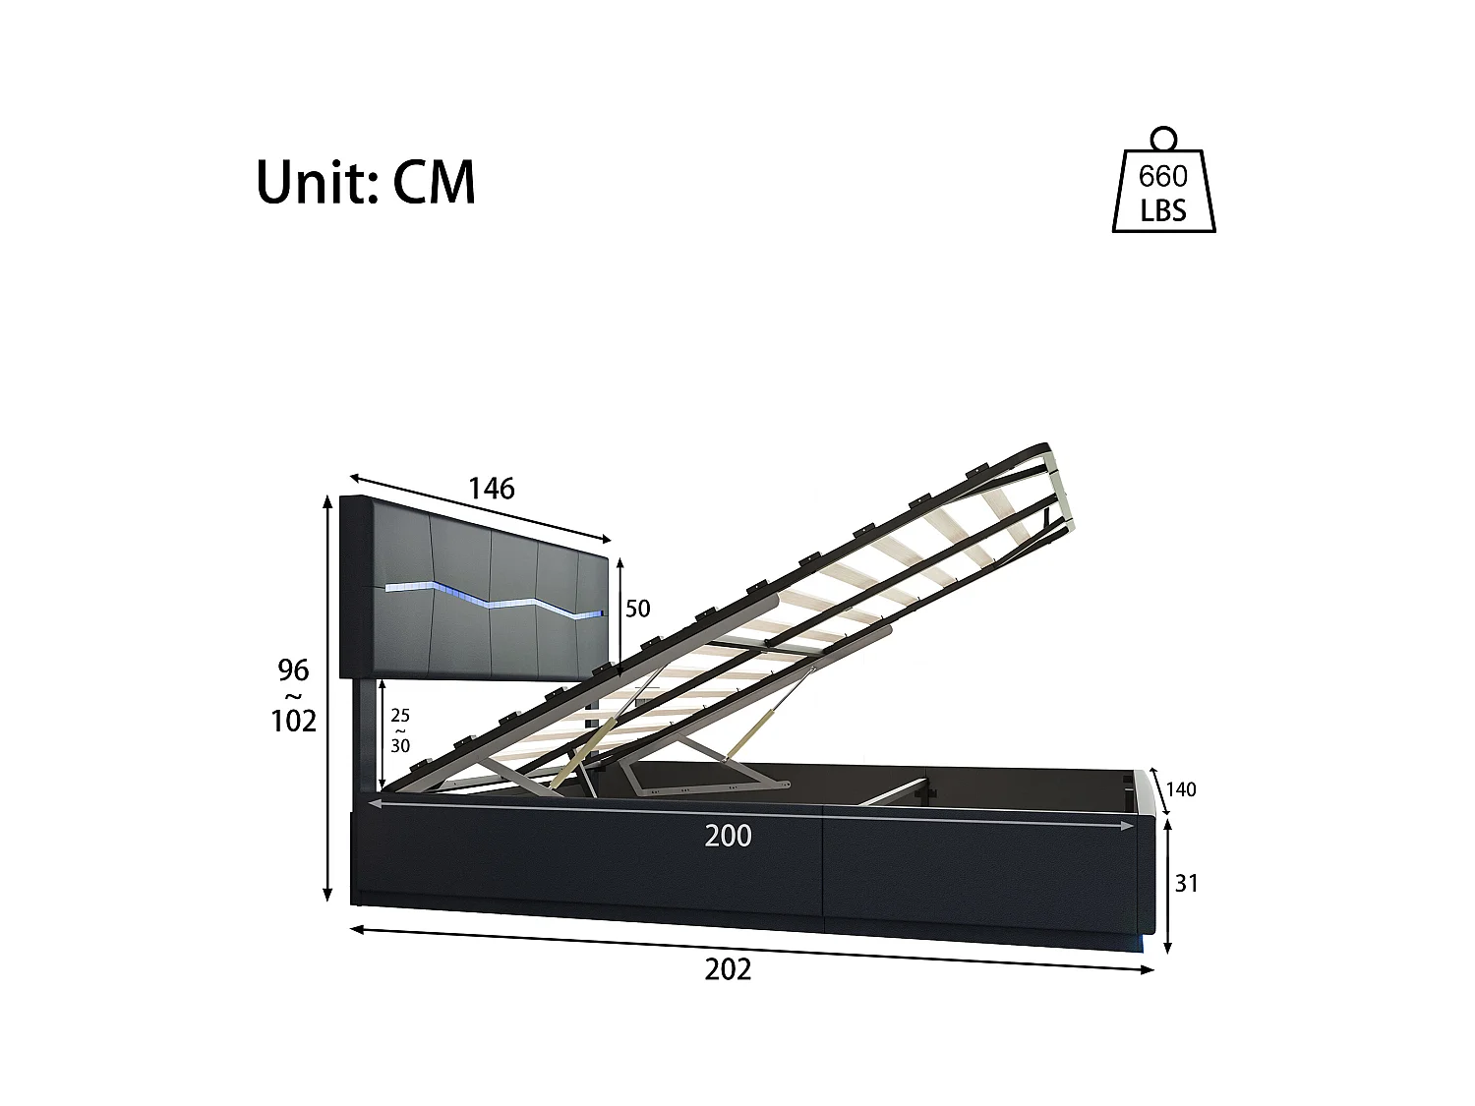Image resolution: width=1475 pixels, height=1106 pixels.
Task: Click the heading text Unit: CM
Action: [365, 182]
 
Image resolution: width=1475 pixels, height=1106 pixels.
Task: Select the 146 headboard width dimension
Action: [491, 488]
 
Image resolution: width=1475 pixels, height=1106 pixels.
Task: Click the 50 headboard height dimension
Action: [637, 609]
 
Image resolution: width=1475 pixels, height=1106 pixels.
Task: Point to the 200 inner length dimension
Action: [728, 836]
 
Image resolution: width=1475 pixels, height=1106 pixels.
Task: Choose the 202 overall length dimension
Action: [728, 969]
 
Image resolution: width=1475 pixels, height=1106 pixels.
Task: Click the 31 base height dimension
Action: [1187, 884]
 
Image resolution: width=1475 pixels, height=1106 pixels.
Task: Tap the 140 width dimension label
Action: [1180, 789]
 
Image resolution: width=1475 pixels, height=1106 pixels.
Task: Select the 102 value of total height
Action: [294, 722]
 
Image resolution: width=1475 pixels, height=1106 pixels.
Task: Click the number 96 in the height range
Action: [293, 670]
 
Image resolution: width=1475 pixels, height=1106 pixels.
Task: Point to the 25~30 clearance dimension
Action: [400, 730]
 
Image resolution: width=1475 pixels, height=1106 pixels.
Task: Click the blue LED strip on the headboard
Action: [492, 601]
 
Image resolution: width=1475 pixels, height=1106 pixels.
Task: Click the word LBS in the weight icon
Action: [1163, 210]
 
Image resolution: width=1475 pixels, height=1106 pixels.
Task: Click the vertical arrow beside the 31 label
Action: [1167, 885]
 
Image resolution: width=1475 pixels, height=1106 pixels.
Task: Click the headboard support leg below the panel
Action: [365, 732]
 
